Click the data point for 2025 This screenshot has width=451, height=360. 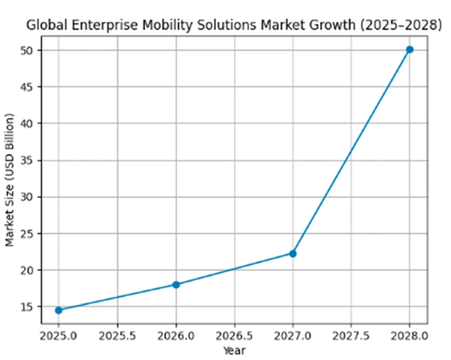(59, 310)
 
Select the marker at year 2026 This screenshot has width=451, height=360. (176, 285)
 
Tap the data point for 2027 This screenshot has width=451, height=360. (293, 253)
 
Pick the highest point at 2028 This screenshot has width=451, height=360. (410, 50)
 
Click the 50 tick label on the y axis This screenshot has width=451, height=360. (27, 50)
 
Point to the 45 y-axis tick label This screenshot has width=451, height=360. (27, 87)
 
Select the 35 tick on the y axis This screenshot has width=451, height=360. (27, 160)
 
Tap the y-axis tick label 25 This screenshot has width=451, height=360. (27, 234)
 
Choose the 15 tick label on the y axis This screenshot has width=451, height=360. (27, 307)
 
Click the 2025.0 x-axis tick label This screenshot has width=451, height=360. (58, 336)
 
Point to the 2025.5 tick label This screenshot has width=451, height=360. (117, 336)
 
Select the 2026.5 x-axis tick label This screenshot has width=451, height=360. (234, 336)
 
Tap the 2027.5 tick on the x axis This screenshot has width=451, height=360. (351, 336)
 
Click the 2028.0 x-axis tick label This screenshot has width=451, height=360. (410, 336)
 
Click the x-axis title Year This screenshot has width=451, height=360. (234, 351)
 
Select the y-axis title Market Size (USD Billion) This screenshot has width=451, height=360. (9, 180)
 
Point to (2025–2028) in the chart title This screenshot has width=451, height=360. (401, 26)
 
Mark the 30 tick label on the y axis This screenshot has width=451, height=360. (27, 197)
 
